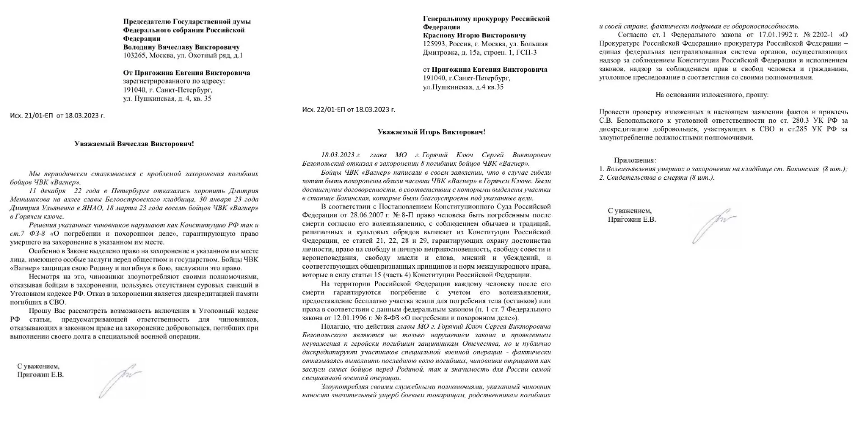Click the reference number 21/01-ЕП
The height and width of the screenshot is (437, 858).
(37, 116)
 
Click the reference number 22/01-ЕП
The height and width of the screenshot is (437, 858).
(330, 110)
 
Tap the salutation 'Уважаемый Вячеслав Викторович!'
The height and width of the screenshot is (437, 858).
(134, 144)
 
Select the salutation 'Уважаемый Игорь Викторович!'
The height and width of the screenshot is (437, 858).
(431, 132)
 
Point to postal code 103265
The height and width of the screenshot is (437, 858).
(135, 56)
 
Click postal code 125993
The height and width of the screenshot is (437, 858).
(434, 44)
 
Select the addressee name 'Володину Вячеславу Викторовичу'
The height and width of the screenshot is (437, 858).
(181, 47)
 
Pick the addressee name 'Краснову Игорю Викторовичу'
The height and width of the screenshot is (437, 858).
(474, 35)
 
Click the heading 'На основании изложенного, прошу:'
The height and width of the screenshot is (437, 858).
(712, 95)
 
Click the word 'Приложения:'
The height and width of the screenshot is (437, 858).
(635, 160)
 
